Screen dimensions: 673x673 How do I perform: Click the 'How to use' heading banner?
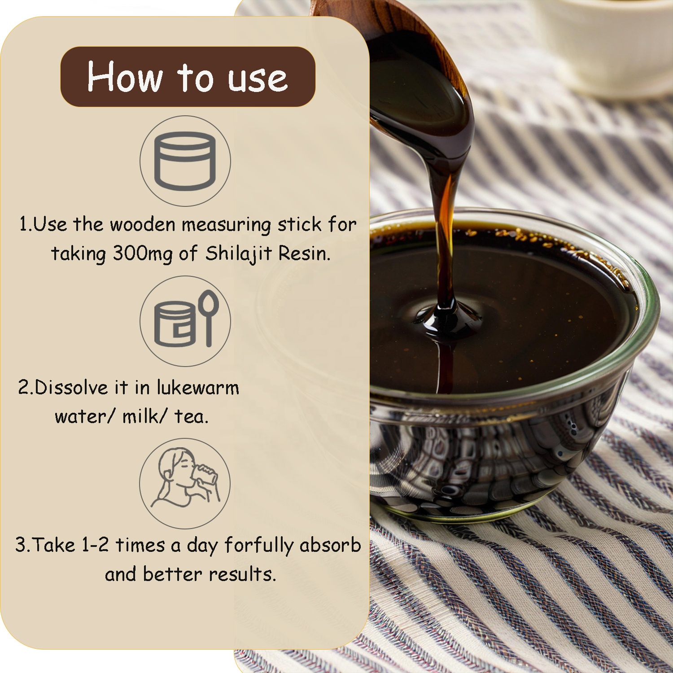(x=188, y=77)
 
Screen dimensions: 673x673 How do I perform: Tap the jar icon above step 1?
(x=185, y=161)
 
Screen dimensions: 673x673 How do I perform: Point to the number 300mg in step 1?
(x=142, y=254)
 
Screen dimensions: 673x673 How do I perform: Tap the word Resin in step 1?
(x=305, y=253)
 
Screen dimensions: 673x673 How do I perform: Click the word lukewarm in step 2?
(x=197, y=387)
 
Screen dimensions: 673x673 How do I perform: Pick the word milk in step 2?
(x=140, y=416)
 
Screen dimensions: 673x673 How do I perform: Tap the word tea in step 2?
(x=191, y=417)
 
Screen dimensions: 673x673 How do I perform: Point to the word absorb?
(x=330, y=545)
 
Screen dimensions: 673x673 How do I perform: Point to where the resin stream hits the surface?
(x=446, y=316)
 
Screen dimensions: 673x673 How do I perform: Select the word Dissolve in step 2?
(x=71, y=387)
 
